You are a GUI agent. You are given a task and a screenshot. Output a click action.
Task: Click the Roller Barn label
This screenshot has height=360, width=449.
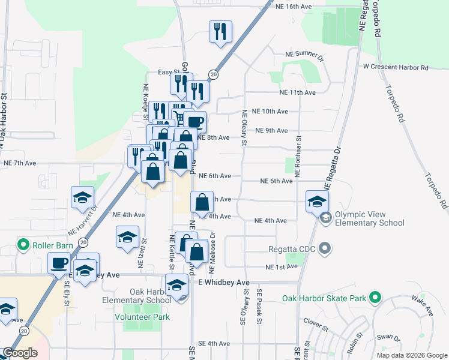53,245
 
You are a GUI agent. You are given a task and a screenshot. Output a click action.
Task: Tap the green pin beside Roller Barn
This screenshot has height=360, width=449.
23,245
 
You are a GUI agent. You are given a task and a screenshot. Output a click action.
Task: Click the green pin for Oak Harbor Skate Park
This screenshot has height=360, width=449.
375,297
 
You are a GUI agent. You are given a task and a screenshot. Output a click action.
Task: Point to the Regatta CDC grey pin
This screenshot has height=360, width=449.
325,248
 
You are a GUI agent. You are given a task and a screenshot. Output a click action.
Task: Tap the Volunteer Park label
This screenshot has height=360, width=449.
142,317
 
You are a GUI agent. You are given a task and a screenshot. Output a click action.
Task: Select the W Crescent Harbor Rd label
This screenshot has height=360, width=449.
396,68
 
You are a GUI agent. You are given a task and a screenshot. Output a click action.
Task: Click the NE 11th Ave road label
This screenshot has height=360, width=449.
297,93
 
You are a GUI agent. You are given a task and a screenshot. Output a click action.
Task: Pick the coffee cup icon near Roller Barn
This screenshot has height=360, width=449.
59,263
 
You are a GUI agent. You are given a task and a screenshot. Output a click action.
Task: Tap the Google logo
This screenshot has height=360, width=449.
20,353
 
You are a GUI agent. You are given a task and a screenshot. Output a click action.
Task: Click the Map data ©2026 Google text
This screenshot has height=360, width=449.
412,355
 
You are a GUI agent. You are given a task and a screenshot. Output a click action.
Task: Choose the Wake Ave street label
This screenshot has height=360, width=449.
424,307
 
